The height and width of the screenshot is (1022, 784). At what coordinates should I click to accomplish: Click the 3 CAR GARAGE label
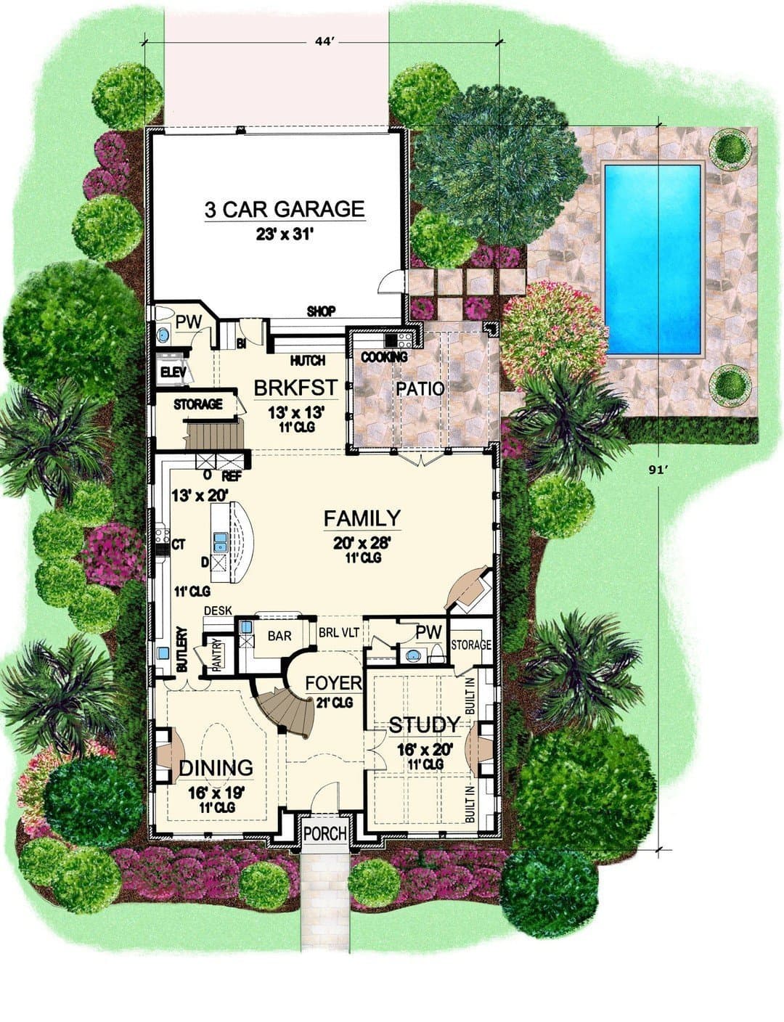point(285,209)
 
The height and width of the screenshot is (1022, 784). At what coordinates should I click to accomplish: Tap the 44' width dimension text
point(324,42)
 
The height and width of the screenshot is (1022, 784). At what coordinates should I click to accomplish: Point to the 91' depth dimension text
point(658,470)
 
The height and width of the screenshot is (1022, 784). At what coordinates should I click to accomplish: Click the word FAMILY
point(362,518)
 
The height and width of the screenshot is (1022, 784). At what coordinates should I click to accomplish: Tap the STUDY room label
point(424,724)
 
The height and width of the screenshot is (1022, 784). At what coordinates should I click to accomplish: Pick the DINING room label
point(216,767)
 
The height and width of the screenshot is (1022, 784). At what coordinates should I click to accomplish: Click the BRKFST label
point(296,388)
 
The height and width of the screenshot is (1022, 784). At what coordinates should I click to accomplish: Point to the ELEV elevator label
point(173,372)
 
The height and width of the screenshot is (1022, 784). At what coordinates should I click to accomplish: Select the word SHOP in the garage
point(321,311)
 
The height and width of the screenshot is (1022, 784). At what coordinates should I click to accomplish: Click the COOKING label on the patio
point(384,357)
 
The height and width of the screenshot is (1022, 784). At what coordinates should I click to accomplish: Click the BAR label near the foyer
point(279,636)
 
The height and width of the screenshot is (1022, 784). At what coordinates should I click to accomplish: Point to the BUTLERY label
point(182,649)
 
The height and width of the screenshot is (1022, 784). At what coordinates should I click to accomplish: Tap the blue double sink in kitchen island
point(220,541)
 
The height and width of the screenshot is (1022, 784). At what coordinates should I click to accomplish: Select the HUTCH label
point(308,360)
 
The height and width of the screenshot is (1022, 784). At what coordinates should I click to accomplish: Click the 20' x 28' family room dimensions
point(362,544)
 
